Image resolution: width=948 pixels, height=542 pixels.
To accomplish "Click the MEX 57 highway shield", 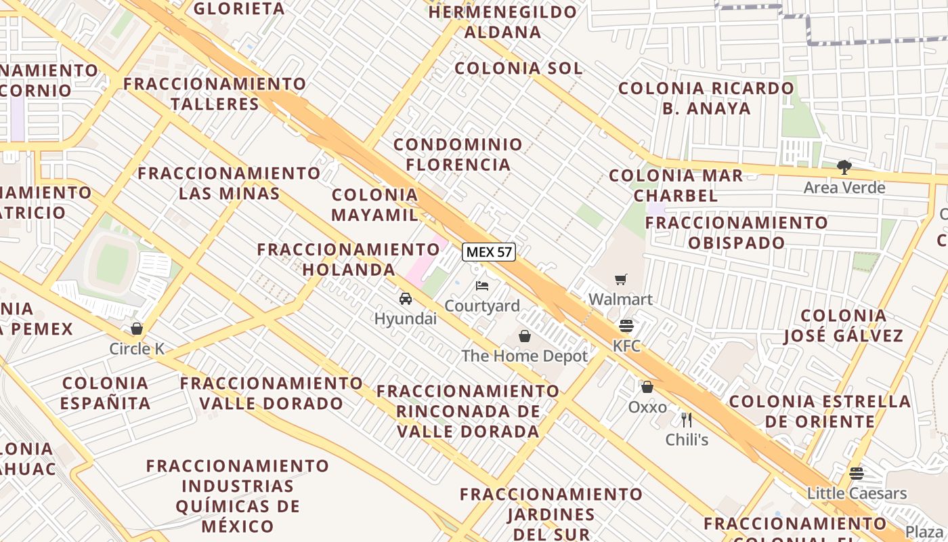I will pos(489,252).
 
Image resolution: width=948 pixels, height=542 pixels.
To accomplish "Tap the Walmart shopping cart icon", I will pos(620,280).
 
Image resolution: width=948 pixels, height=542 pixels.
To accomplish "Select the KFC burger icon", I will pos(626,326).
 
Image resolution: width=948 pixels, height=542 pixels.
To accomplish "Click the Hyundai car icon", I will pos(406,299).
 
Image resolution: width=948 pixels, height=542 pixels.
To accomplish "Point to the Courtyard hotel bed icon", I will pos(482,285).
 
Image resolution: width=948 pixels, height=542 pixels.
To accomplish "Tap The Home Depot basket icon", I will pos(525,336).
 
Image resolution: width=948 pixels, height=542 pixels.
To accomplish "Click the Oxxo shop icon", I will pos(647,387).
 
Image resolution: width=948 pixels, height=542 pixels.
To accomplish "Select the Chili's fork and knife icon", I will pos(687,419).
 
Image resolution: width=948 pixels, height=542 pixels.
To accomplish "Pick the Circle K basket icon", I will pos(137,329).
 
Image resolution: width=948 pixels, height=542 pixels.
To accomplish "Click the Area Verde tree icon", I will pos(844,167).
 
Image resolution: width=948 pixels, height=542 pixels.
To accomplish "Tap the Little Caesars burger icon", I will pos(857,473).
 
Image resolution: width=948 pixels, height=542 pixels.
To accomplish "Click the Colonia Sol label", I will pos(518,68).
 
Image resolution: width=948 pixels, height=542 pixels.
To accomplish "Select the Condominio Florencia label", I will pos(458,154).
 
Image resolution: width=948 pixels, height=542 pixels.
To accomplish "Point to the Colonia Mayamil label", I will pos(375,205).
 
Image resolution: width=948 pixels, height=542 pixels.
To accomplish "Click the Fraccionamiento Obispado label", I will pos(737,232).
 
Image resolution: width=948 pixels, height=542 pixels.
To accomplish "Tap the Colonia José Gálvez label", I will pos(844,326).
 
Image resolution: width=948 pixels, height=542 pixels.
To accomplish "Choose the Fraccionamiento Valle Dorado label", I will pos(272,394).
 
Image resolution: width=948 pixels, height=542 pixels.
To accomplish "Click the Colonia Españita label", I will pos(105,394).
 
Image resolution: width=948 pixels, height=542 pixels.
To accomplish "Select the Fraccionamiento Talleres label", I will pos(215,93).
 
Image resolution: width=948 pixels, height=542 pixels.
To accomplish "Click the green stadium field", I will pos(112,264).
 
